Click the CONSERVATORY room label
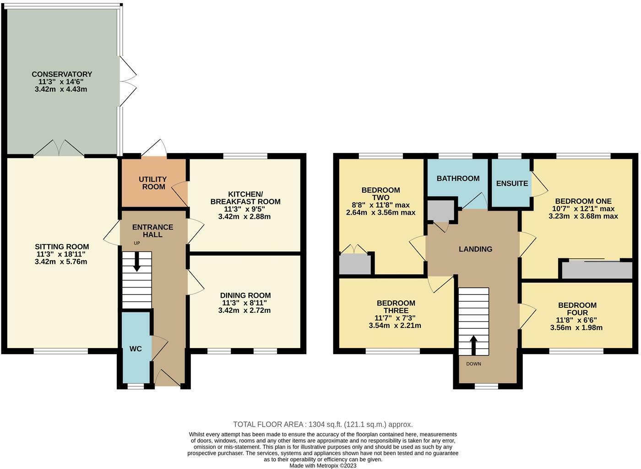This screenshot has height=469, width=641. tap(61, 74)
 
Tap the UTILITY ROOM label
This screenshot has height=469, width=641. tap(152, 183)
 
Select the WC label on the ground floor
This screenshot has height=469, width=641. tap(136, 349)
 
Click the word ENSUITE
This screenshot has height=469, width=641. tap(512, 183)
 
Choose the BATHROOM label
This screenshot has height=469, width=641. tap(458, 178)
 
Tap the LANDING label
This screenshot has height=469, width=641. tap(476, 249)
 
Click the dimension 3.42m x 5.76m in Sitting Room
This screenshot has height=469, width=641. tap(61, 262)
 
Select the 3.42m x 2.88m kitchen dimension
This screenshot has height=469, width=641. tap(244, 216)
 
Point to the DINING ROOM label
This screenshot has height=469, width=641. tap(245, 295)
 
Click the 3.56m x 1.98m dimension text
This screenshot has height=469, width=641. tap(576, 327)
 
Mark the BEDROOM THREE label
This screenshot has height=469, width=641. tap(396, 307)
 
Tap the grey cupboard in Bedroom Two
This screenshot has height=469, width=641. tap(355, 264)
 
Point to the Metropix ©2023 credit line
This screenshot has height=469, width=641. tap(322, 465)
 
